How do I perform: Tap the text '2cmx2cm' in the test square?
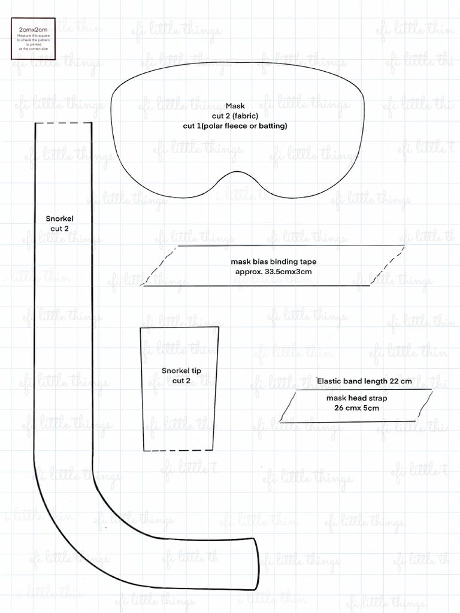tap(33, 29)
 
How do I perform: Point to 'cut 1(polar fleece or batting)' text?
tap(235, 126)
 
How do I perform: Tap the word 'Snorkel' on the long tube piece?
tap(60, 219)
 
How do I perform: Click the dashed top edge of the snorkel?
tap(63, 123)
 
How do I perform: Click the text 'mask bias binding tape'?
tap(274, 262)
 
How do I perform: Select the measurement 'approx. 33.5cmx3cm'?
tap(274, 272)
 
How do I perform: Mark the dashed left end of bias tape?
tap(159, 266)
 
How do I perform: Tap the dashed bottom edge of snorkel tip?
tap(179, 450)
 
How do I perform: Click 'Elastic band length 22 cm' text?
tap(364, 381)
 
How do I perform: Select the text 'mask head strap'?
tap(353, 398)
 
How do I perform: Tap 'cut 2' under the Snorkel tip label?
tap(181, 381)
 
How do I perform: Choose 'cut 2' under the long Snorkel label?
tap(60, 229)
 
